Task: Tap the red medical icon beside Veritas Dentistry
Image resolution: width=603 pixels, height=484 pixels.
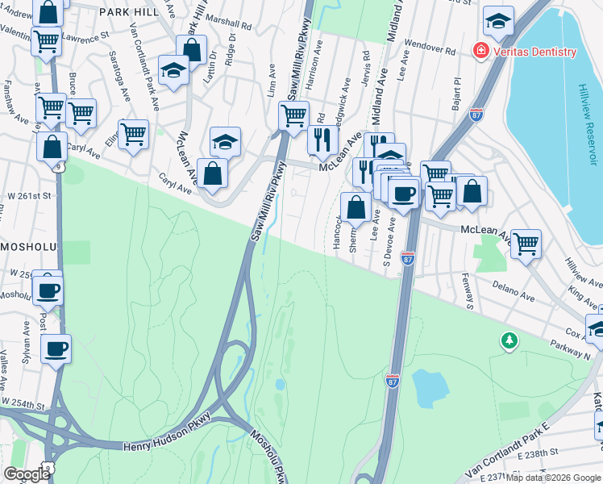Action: tap(481, 51)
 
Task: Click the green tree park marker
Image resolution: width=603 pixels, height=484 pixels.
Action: tap(509, 341)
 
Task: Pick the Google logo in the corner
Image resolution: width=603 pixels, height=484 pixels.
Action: tap(27, 474)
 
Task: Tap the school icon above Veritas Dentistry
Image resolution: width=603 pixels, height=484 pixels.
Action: tap(499, 22)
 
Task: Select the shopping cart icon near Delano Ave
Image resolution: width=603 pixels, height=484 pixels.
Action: tap(526, 243)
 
